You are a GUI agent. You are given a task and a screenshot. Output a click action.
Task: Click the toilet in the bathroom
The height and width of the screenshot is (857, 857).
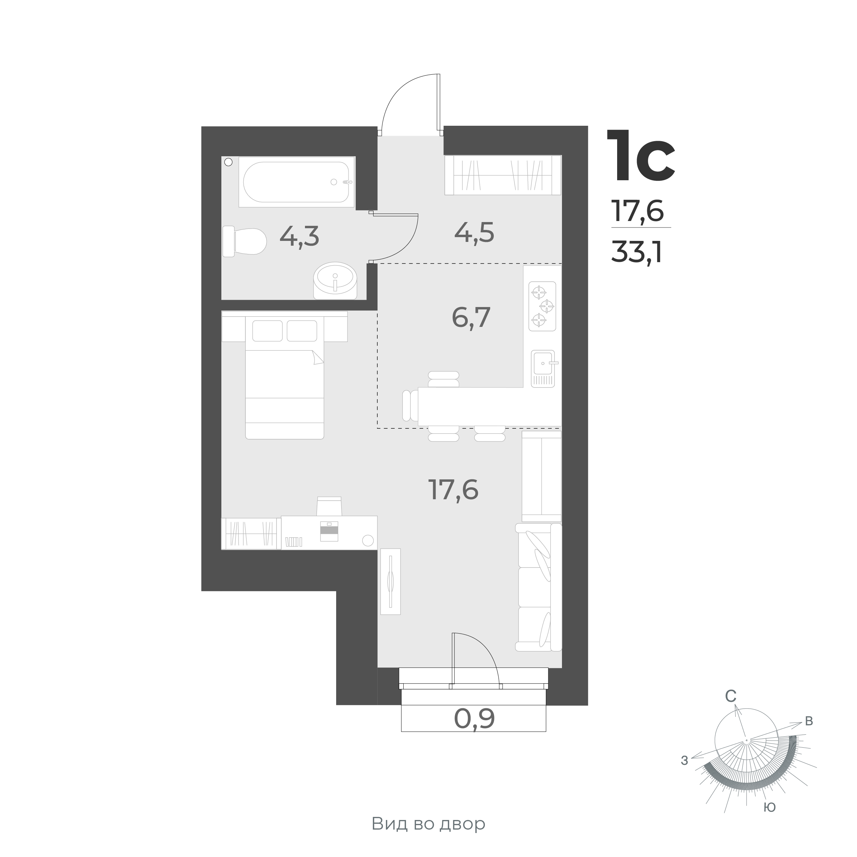244,241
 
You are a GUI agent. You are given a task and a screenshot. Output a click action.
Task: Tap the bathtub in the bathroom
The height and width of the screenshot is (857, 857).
297,182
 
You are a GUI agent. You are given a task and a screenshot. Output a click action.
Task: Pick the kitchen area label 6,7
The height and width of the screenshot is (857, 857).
471,317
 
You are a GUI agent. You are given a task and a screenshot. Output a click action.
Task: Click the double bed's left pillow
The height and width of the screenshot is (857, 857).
268,331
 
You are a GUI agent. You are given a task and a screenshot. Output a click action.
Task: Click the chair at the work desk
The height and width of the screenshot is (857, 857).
329,506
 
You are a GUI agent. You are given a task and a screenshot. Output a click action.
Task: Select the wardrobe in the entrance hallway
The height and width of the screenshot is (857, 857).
503,175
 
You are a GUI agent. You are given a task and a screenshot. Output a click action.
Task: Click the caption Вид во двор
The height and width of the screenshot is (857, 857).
428,824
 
